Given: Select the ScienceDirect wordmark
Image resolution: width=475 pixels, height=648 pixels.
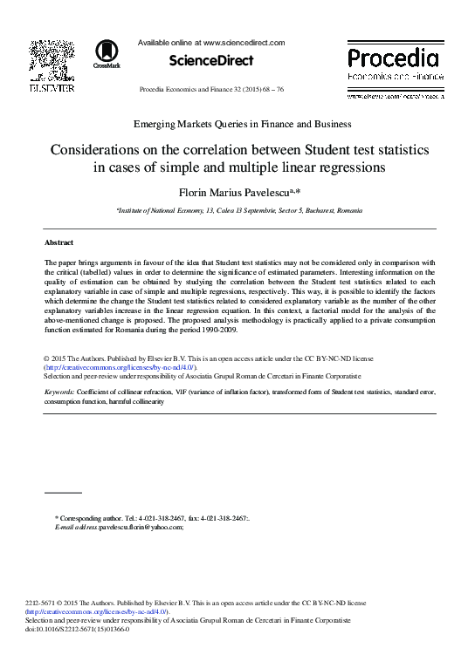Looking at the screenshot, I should [x=211, y=61].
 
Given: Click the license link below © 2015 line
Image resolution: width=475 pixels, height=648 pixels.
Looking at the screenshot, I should [x=120, y=367].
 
